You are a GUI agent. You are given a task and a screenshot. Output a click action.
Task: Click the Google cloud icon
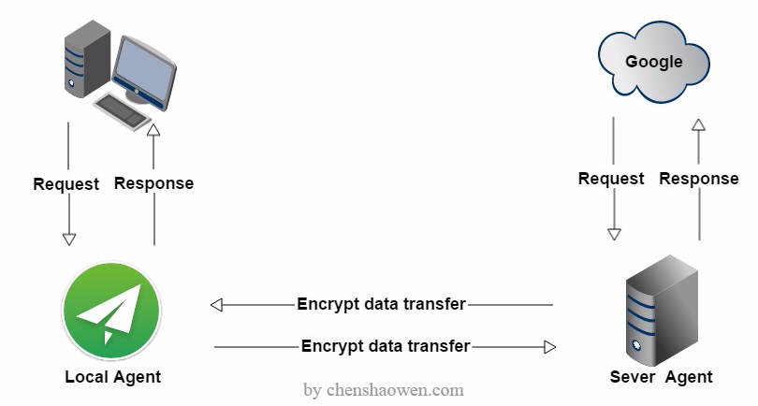(653, 62)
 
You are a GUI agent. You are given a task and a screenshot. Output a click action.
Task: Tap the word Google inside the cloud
(653, 62)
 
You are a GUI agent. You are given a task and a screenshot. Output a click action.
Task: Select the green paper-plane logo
(111, 311)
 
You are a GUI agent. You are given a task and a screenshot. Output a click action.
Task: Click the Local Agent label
(112, 376)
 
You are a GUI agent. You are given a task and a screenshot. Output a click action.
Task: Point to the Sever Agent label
(661, 376)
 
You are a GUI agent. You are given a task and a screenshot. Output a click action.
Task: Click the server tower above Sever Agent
(662, 311)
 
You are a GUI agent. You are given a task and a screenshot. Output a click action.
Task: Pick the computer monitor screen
(144, 73)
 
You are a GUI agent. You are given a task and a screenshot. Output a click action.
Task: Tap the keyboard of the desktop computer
(123, 111)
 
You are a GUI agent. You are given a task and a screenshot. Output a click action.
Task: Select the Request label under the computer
(66, 183)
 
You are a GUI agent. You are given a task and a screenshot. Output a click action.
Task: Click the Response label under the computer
(153, 183)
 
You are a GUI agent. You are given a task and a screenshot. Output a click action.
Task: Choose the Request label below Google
(611, 179)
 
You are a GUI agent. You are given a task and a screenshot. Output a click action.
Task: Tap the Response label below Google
(699, 179)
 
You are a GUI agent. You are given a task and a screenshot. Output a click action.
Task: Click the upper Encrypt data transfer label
(382, 303)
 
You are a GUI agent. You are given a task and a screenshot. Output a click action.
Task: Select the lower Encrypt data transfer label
(386, 346)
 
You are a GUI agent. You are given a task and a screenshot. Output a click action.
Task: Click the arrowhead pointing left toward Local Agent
(216, 305)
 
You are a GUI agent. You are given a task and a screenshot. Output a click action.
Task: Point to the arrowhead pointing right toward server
(550, 347)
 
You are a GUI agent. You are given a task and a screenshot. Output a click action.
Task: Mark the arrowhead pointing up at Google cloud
(698, 125)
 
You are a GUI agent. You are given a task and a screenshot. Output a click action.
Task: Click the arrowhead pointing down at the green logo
(69, 239)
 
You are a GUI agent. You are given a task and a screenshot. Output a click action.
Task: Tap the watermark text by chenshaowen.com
(384, 389)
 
